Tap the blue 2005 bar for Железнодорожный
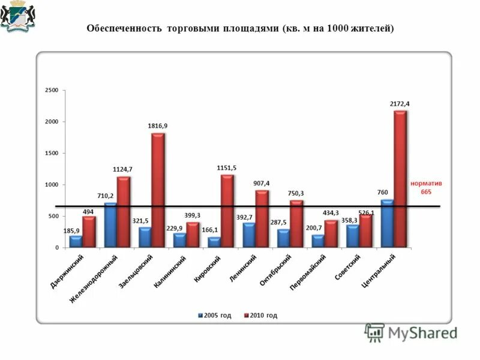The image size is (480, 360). (110, 225)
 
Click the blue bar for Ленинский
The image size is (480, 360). (248, 235)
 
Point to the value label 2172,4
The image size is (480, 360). (400, 104)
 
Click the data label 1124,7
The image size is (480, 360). (122, 170)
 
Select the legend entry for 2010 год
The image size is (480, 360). (260, 315)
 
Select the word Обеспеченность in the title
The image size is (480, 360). (125, 28)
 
